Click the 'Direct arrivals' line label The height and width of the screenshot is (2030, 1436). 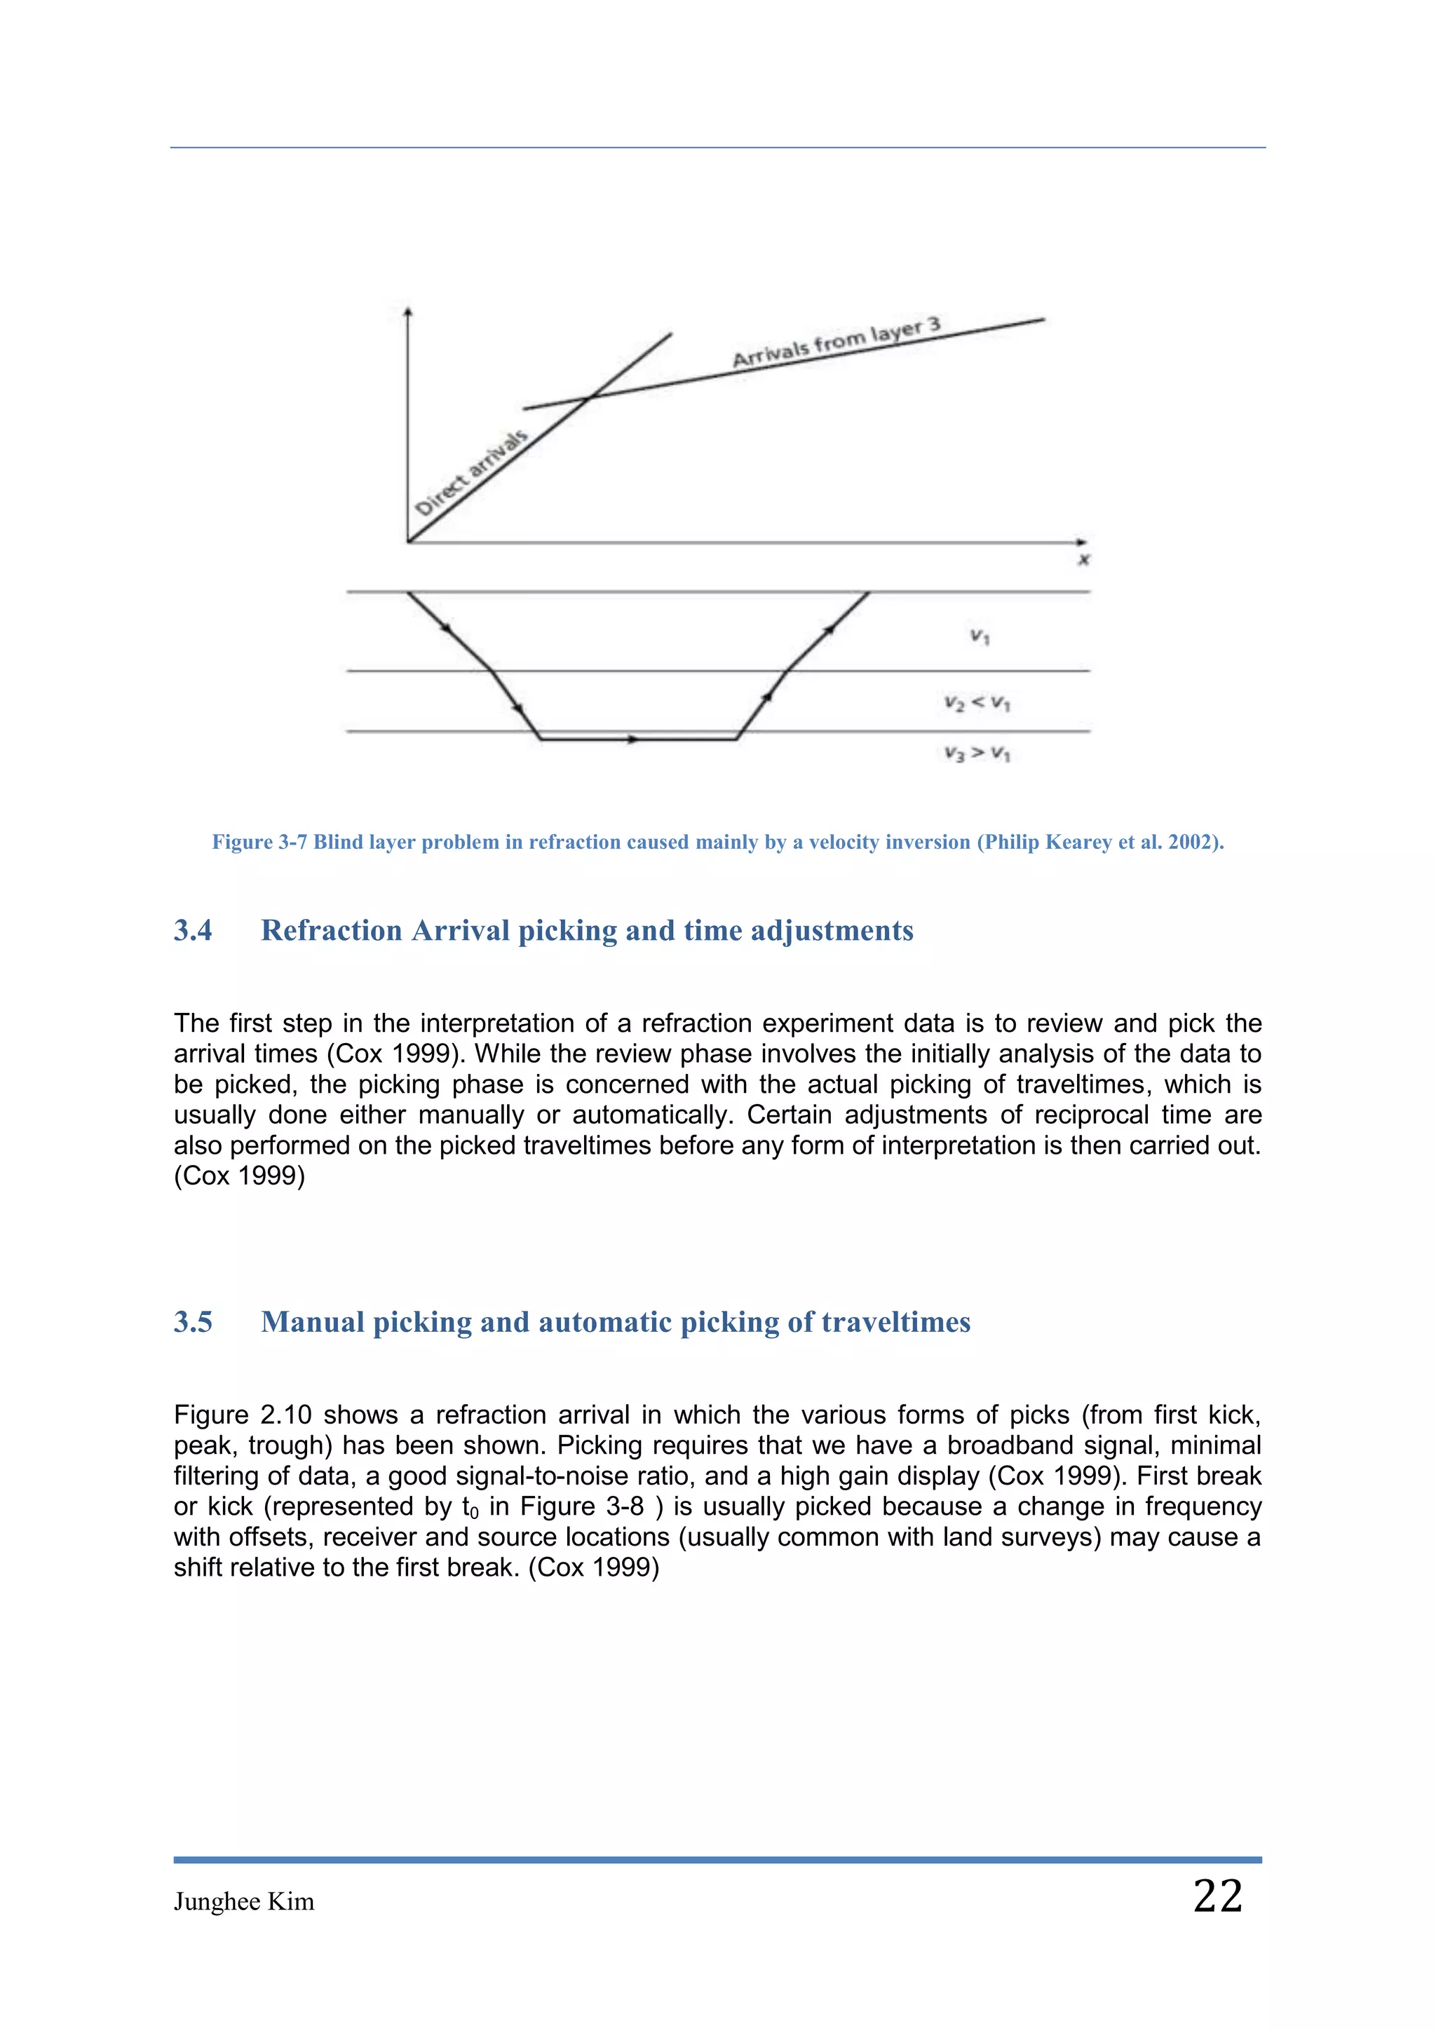click(x=471, y=473)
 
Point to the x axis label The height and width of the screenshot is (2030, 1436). click(x=1084, y=559)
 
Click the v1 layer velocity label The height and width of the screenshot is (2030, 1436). click(x=980, y=636)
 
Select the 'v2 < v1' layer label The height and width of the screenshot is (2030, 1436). click(x=977, y=703)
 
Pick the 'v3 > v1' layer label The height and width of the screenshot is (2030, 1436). click(x=977, y=754)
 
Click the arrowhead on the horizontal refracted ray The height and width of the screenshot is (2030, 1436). click(x=632, y=739)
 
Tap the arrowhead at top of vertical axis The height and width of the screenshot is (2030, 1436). click(x=407, y=311)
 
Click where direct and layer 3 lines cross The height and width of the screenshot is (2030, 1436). click(x=590, y=398)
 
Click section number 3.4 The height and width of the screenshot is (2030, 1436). click(x=193, y=930)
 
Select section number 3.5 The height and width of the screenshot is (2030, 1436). click(x=193, y=1322)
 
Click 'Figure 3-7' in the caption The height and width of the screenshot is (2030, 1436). click(x=259, y=842)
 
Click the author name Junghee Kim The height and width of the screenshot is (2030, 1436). click(x=244, y=1901)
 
